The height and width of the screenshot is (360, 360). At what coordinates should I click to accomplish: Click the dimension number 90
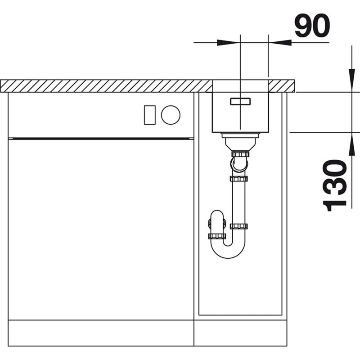[312, 26]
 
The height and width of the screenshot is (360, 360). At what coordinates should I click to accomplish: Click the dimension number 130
[334, 185]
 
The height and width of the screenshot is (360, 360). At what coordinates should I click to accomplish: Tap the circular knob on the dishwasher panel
[171, 115]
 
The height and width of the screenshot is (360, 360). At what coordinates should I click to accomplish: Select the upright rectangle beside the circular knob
[150, 115]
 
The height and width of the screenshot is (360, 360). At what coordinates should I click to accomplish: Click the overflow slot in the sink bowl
[240, 101]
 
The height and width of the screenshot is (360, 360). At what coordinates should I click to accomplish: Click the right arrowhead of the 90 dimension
[280, 42]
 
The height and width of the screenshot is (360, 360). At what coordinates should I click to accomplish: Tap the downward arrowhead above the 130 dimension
[351, 81]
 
